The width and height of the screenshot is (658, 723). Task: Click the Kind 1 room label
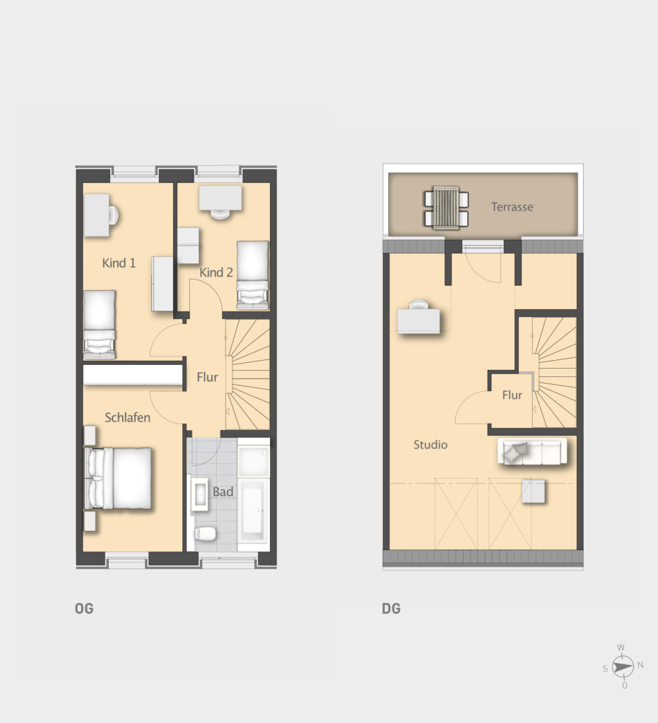click(x=119, y=263)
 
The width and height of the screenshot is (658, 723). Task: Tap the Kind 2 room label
click(x=216, y=272)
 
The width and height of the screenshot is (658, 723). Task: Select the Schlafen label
click(x=127, y=417)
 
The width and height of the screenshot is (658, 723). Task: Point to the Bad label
click(x=223, y=491)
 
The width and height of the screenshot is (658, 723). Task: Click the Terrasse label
click(x=512, y=207)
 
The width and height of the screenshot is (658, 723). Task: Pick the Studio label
click(x=430, y=445)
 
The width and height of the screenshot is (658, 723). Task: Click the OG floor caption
click(x=84, y=609)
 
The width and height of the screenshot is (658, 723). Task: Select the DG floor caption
click(x=392, y=609)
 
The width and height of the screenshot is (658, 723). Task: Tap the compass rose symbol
click(x=623, y=667)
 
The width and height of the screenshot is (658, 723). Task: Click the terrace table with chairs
click(x=446, y=208)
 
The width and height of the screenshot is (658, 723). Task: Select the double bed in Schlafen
click(x=118, y=478)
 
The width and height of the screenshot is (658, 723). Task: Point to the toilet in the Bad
click(x=206, y=534)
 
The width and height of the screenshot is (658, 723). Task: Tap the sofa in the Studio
click(x=532, y=451)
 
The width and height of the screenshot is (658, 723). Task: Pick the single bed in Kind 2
click(x=252, y=275)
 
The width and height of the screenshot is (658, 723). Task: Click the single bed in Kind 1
click(x=99, y=324)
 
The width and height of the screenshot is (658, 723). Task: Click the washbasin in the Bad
click(x=200, y=494)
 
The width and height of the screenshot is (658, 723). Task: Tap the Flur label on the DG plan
click(x=512, y=395)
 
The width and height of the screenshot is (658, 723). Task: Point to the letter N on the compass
click(x=640, y=665)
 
